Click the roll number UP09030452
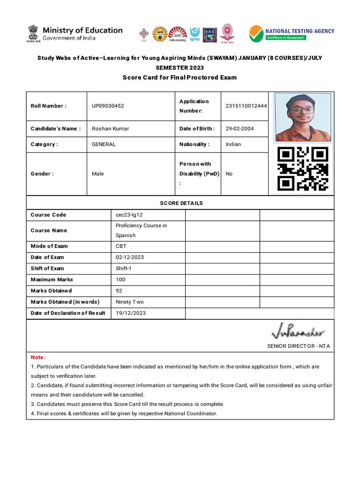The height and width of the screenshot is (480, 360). [108, 106]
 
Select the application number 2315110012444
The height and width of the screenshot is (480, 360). [246, 106]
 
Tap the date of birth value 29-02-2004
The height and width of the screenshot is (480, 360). [240, 128]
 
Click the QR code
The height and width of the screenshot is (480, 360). [303, 169]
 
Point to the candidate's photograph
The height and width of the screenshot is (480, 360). [303, 117]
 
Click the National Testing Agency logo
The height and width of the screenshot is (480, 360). [292, 34]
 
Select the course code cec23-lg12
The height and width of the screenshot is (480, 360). [129, 215]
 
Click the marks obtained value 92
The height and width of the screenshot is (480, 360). [119, 291]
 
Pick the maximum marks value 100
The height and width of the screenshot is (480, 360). [120, 279]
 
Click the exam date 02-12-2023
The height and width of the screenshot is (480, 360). [129, 257]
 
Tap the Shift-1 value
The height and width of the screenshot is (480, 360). [124, 269]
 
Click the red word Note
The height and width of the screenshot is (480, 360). [38, 357]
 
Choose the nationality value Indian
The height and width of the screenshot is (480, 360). [233, 144]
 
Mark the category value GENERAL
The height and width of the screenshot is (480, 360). [104, 144]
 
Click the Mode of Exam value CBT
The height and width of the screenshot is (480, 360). [121, 246]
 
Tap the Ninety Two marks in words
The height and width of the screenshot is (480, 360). [130, 302]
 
